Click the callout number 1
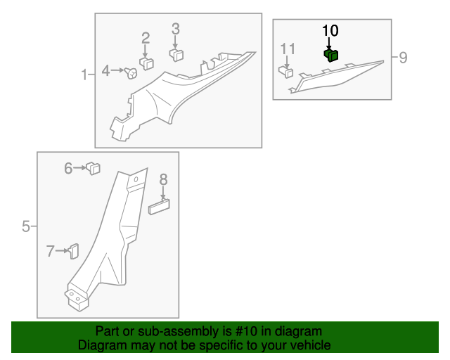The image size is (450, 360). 84,74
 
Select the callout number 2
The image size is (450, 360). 146,38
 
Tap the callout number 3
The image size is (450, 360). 176,29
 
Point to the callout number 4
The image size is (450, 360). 105,70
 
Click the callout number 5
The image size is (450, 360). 26,226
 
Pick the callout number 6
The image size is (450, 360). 69,168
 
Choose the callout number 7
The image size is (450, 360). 50,251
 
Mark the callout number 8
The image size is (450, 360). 163,179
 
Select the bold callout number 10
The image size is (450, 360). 330,30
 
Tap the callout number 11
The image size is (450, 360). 288,49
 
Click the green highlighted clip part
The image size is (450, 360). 330,55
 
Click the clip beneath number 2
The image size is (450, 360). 147,63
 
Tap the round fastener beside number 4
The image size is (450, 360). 131,72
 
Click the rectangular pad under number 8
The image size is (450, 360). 160,206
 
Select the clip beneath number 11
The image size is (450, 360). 285,71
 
